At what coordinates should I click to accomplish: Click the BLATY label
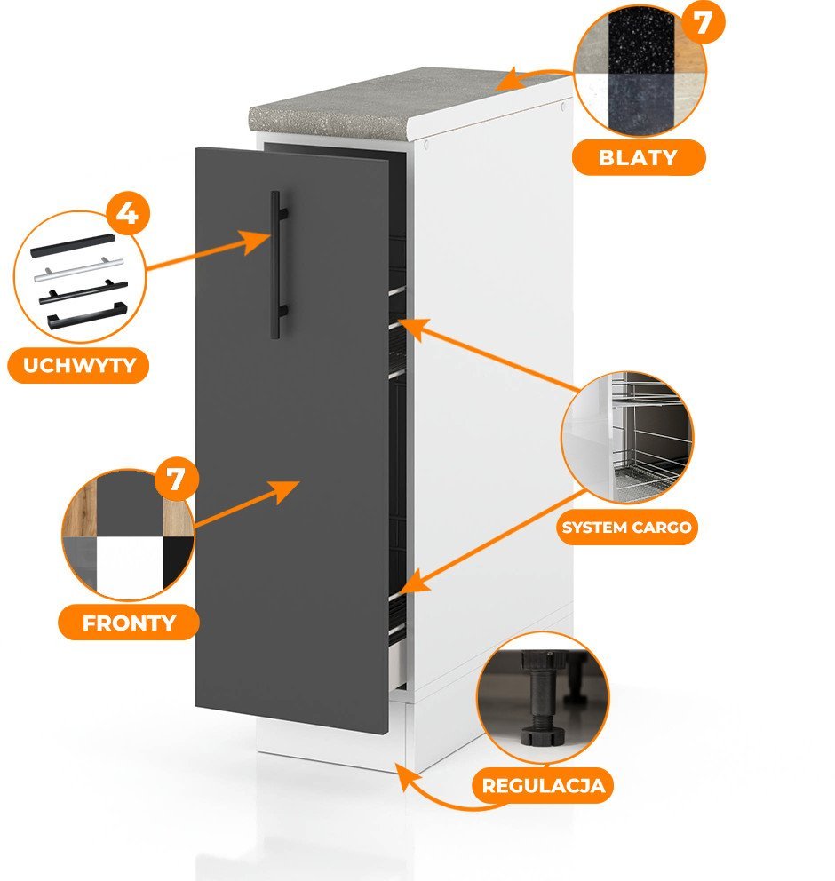coord(638,158)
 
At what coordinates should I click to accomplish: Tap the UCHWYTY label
coord(77,366)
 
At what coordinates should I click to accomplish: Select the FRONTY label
coord(130,622)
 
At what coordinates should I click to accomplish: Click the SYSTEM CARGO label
coord(627,528)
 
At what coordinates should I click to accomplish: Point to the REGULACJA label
coord(544,785)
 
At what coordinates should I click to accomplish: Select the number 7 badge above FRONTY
coord(176,480)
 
